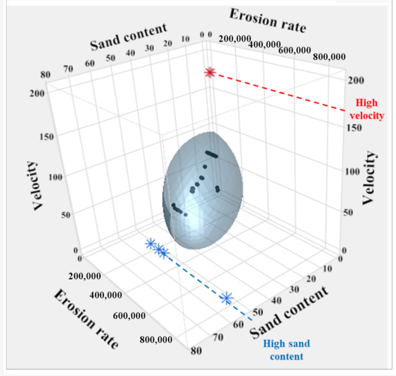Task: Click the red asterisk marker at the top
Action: click(x=209, y=72)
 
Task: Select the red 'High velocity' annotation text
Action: click(x=364, y=109)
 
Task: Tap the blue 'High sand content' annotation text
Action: click(x=286, y=350)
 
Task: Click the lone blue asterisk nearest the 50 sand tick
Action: click(x=226, y=298)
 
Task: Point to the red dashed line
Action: click(x=279, y=92)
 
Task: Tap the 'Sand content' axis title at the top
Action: click(x=128, y=37)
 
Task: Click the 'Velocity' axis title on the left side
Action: click(x=39, y=185)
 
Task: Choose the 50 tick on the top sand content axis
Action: click(x=111, y=58)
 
